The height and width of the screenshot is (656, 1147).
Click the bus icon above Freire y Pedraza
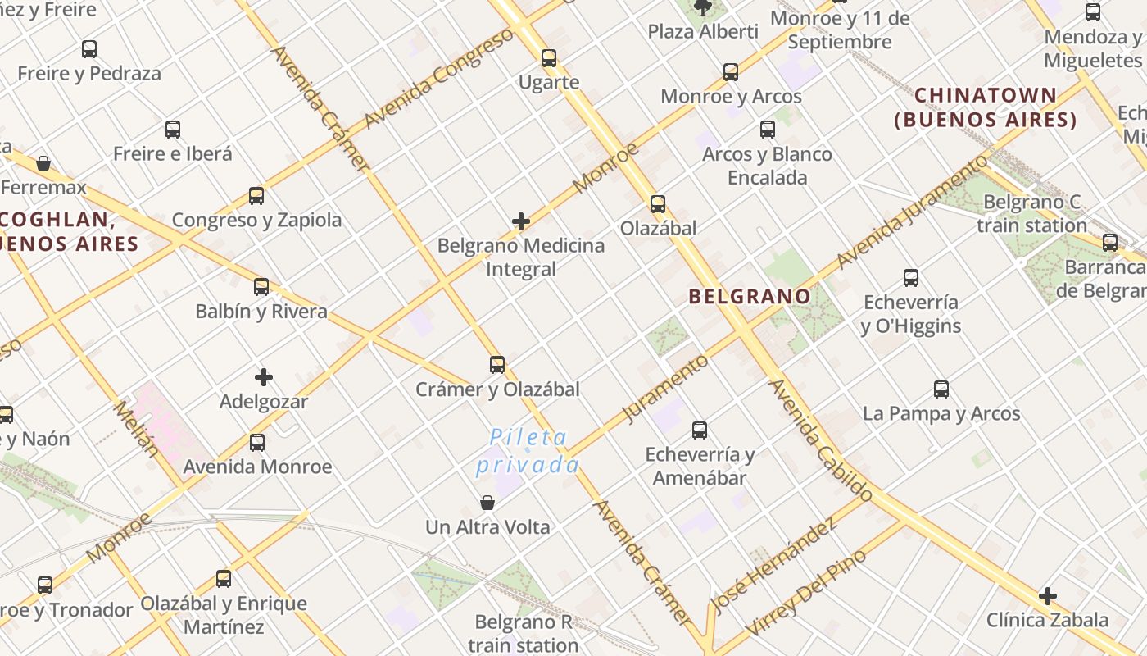89,48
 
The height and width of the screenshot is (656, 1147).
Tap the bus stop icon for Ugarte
549,57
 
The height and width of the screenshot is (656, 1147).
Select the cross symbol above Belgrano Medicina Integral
521,221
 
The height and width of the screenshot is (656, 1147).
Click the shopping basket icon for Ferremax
43,163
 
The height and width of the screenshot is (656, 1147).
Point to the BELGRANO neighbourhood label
750,296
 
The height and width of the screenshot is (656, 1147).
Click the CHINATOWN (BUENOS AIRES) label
986,107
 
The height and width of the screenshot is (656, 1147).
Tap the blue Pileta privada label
528,452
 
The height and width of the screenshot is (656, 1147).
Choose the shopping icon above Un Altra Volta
487,502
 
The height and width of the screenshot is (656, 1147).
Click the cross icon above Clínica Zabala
1047,595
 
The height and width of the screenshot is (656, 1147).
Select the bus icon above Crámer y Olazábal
497,364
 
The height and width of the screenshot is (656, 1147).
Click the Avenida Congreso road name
439,79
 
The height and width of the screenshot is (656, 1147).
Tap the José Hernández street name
773,565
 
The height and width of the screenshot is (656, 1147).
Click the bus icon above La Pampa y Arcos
941,389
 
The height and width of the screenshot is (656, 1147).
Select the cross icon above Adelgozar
263,377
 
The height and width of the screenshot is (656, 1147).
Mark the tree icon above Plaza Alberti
702,8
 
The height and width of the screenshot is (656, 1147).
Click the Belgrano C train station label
1031,213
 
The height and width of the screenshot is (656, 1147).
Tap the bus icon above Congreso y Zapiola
256,195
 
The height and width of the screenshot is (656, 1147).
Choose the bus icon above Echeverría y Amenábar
700,430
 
